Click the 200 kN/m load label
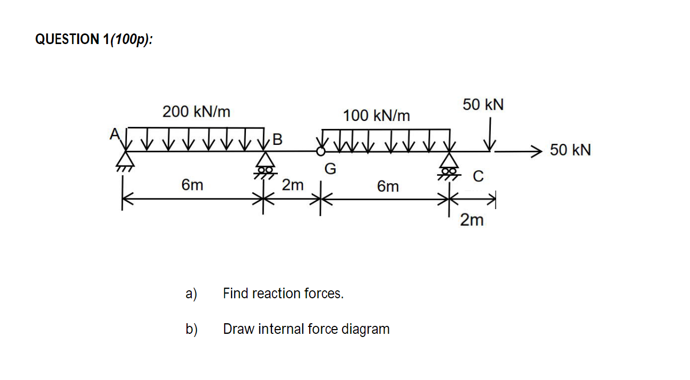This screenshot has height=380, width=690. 196,112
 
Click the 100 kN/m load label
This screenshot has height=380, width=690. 376,115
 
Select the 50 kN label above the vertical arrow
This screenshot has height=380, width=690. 483,105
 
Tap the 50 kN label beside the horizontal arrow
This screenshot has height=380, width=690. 570,150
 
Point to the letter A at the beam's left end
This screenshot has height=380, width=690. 113,135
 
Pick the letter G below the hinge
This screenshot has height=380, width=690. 330,169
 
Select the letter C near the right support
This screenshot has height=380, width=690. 478,177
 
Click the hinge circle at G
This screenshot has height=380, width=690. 320,152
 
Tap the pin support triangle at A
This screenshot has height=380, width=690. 125,159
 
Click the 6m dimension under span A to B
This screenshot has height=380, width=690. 192,185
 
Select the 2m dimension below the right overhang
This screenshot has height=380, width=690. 472,220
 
